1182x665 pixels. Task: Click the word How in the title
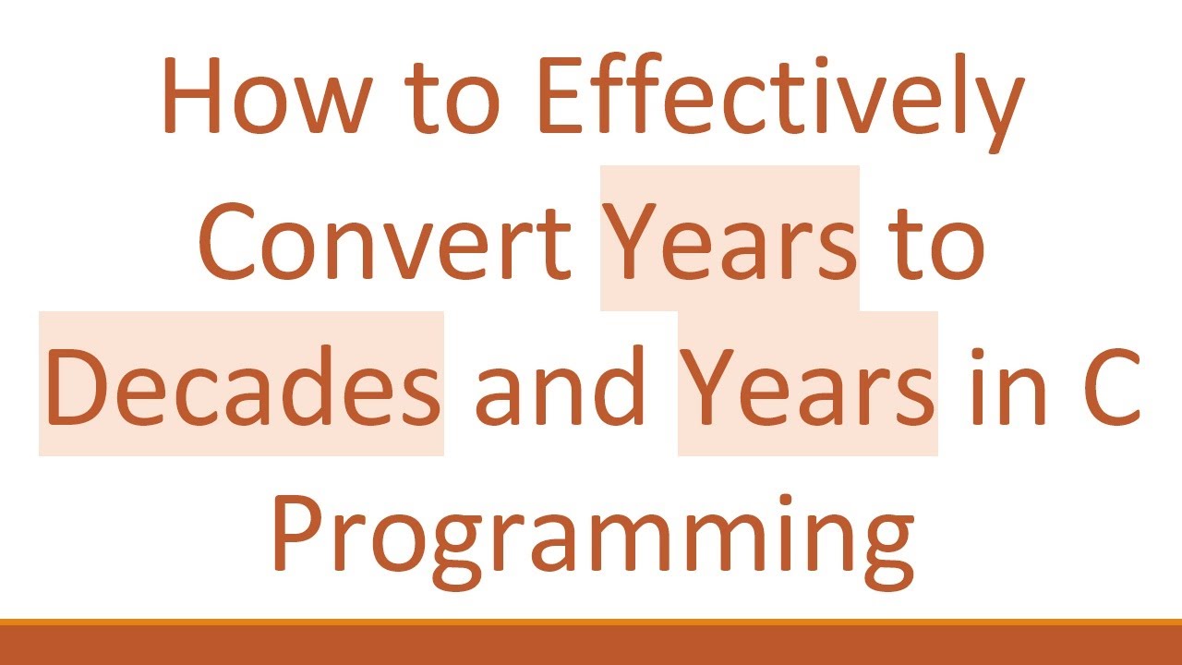click(x=263, y=96)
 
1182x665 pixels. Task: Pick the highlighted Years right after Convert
click(x=730, y=242)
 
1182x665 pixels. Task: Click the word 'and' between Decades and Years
click(x=560, y=386)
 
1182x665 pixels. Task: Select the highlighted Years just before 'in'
click(x=808, y=386)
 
